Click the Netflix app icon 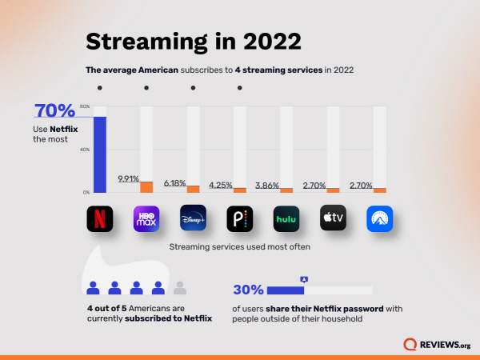[x=100, y=218]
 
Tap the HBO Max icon [x=146, y=218]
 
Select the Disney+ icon [x=193, y=218]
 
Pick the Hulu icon [x=286, y=218]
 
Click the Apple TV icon [x=333, y=218]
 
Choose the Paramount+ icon [x=379, y=218]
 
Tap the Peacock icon [x=239, y=218]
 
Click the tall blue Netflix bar [x=100, y=154]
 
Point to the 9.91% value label [x=128, y=178]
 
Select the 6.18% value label [x=174, y=183]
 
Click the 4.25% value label [x=221, y=185]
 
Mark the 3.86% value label [x=267, y=186]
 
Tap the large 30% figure [x=248, y=290]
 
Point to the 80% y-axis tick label [x=85, y=106]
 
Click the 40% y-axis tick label [x=85, y=150]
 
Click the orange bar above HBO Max [x=146, y=186]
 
